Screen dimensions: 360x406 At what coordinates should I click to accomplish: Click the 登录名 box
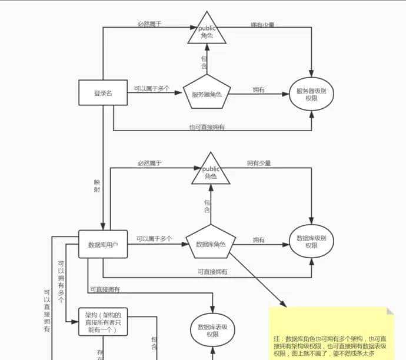tap(103, 92)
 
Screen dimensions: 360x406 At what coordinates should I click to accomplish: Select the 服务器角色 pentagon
tap(207, 93)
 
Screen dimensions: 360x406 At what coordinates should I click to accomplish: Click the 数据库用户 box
tap(103, 244)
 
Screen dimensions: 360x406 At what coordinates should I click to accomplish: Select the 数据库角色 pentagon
tap(211, 242)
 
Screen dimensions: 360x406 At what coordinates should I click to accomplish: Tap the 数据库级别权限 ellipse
tap(311, 242)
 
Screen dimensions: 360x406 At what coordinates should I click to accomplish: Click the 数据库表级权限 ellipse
tap(212, 330)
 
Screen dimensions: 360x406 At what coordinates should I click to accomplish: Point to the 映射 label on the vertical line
tap(97, 185)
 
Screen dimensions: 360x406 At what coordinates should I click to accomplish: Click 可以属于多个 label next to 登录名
tap(151, 88)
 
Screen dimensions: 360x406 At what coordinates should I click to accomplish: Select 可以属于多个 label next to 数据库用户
tap(154, 239)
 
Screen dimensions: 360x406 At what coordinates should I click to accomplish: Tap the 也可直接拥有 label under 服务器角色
tap(207, 126)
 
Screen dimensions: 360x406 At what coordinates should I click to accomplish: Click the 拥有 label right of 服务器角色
tap(258, 89)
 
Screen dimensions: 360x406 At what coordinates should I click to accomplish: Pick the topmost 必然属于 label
tap(149, 24)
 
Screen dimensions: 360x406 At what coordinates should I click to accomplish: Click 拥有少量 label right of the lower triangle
tap(259, 164)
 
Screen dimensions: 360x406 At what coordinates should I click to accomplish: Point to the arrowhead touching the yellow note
tap(284, 305)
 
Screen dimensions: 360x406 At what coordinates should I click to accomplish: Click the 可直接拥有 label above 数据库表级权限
tap(105, 289)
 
